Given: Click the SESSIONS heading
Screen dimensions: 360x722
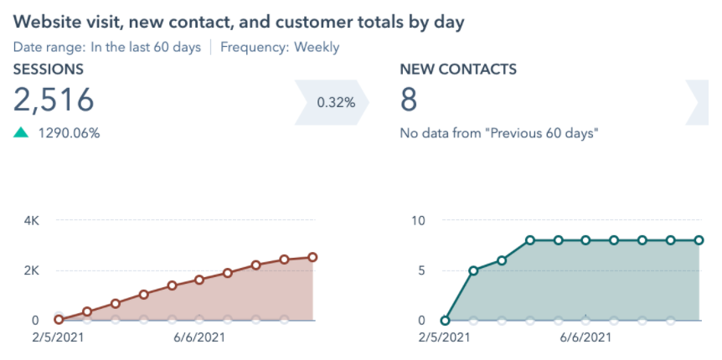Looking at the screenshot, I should [48, 70].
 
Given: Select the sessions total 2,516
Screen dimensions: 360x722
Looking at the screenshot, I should [54, 100].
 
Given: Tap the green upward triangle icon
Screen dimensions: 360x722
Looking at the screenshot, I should [22, 133].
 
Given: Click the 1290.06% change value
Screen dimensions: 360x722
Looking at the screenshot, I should [70, 133].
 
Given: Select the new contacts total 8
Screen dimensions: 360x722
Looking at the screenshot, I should [409, 100].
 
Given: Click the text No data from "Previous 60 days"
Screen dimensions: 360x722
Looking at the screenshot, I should [499, 133].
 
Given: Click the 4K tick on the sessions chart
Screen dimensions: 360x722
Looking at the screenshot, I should [32, 221].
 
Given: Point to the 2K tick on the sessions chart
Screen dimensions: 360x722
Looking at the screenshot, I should [32, 270].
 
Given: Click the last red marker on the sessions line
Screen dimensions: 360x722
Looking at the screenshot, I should [312, 257].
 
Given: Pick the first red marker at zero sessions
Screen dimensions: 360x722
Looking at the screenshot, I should [59, 320].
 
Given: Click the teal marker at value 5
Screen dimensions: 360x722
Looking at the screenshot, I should [473, 270].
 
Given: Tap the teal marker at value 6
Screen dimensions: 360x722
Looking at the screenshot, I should [502, 260].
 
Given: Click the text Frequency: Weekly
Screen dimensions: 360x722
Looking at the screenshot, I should [280, 47].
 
